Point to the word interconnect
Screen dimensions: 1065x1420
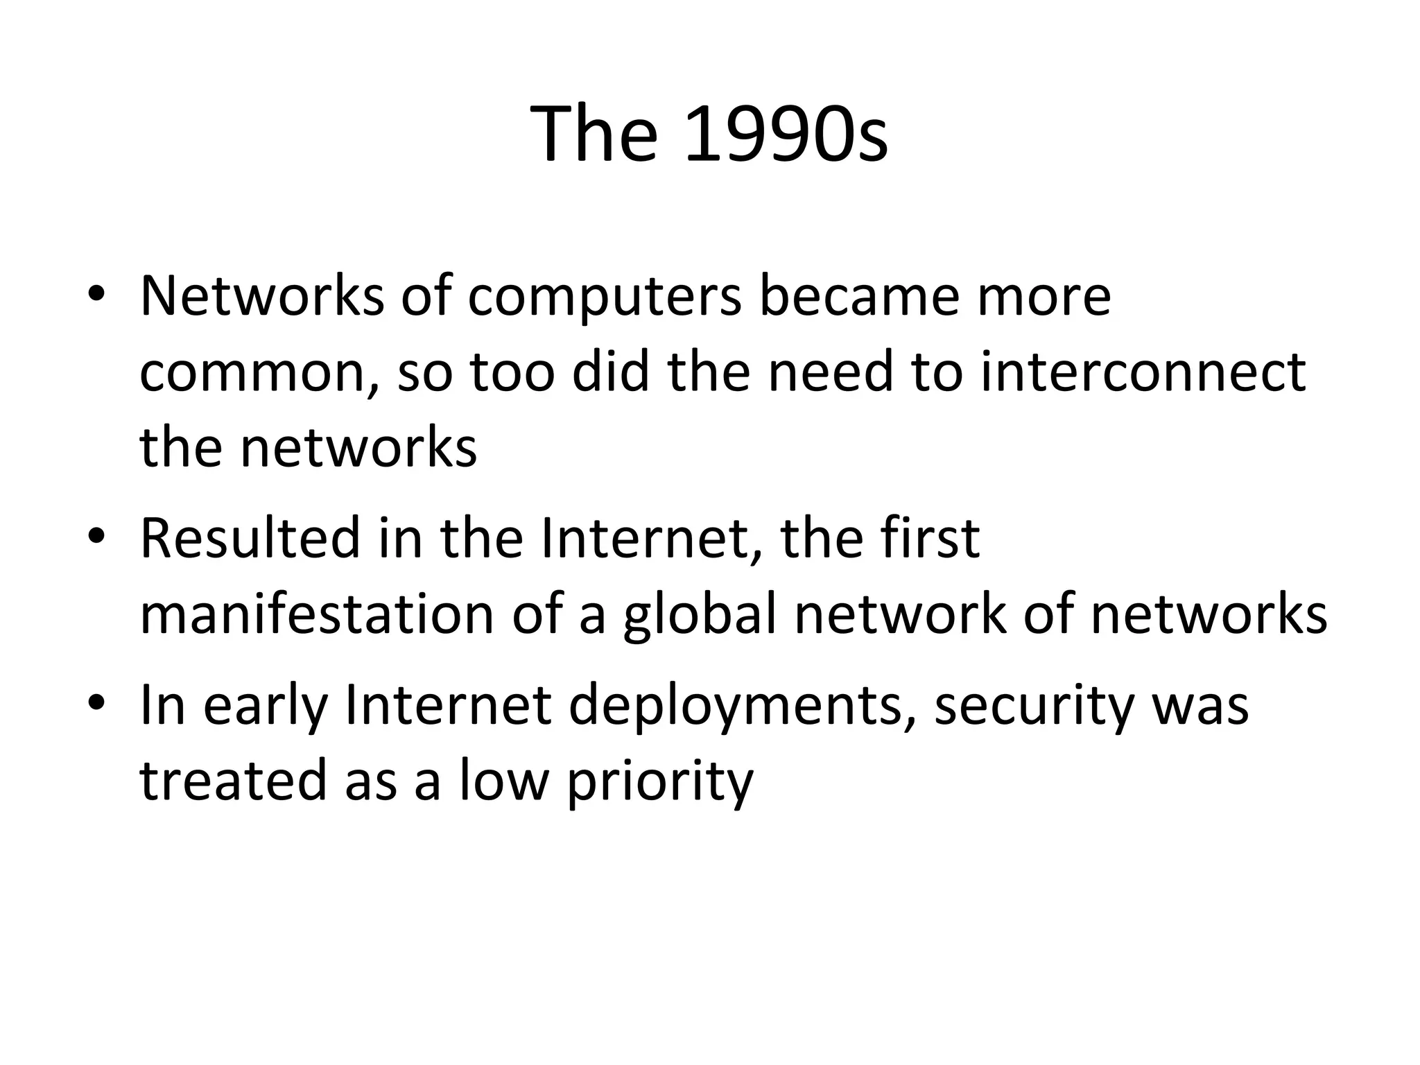1143,372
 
